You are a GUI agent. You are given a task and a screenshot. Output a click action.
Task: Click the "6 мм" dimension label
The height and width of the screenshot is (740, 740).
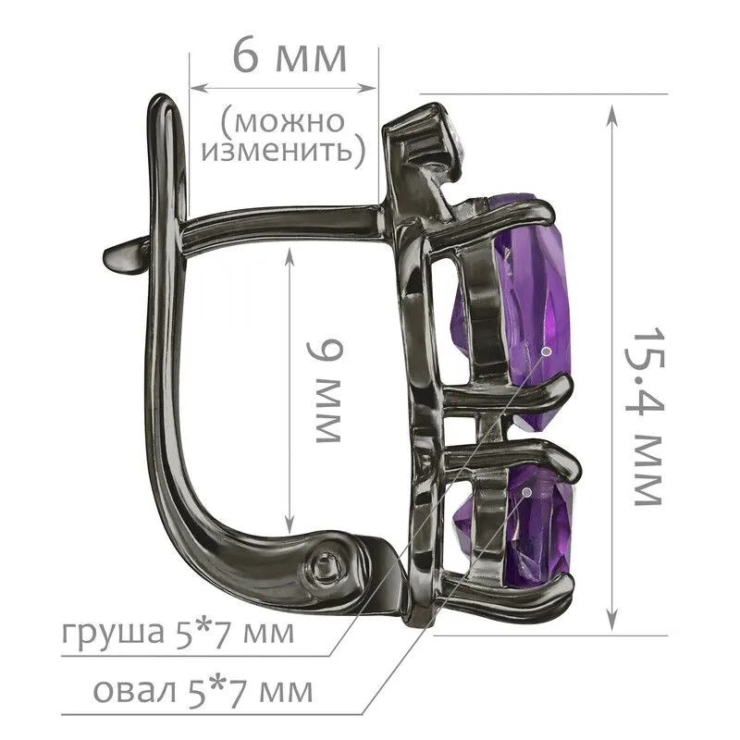(290, 57)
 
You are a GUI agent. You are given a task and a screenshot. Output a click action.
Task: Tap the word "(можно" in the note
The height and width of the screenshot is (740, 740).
(283, 121)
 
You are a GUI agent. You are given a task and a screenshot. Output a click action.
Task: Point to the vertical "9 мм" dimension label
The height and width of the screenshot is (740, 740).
(325, 391)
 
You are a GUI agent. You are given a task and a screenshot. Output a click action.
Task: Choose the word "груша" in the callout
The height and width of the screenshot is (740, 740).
(112, 634)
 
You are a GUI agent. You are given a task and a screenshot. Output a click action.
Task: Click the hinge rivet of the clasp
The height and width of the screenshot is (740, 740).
(325, 564)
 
